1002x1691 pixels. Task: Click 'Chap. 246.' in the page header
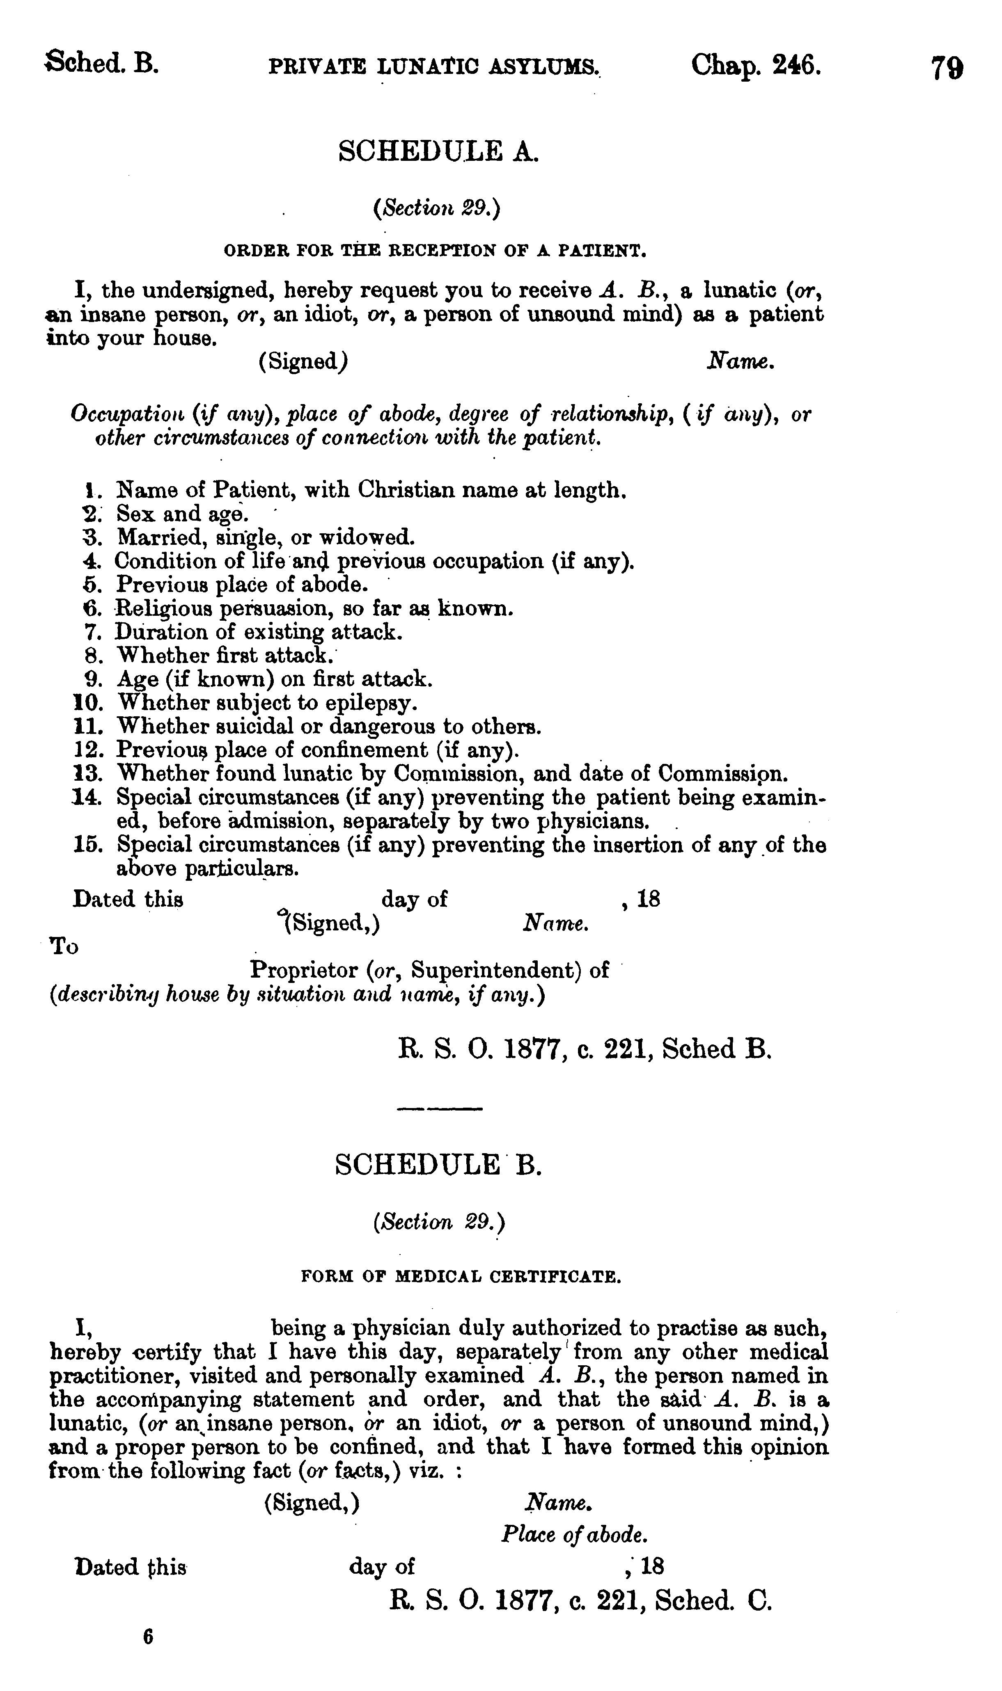756,66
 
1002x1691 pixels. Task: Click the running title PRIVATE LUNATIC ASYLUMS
433,67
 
